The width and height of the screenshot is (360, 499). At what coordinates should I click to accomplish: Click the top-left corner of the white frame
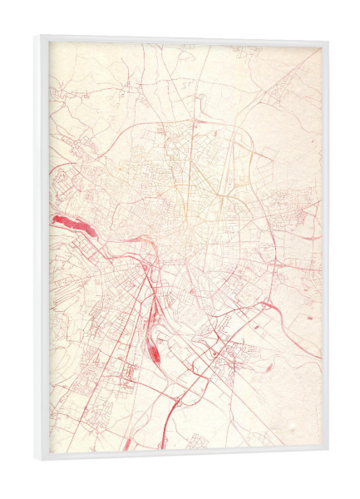(x=37, y=36)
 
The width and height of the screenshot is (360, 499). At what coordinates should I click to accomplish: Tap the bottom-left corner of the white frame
(x=37, y=460)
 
